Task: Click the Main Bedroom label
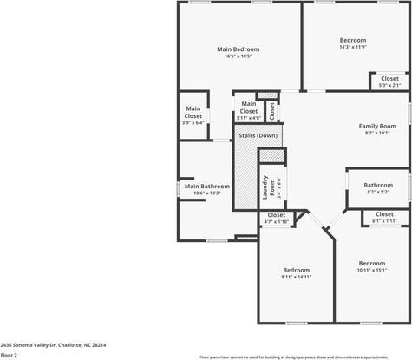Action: coord(238,49)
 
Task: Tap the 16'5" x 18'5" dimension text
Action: coord(238,57)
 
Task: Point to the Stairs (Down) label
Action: coord(258,135)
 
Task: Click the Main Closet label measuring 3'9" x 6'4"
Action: coord(193,112)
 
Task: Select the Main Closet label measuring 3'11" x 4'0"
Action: coord(248,112)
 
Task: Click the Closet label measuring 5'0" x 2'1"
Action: coord(389,79)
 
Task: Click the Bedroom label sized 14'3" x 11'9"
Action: coord(353,40)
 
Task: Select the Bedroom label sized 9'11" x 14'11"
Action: coord(296,270)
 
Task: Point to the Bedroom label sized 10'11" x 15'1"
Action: coord(372,263)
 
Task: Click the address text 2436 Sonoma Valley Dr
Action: coord(53,344)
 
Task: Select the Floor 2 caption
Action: coord(9,355)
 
